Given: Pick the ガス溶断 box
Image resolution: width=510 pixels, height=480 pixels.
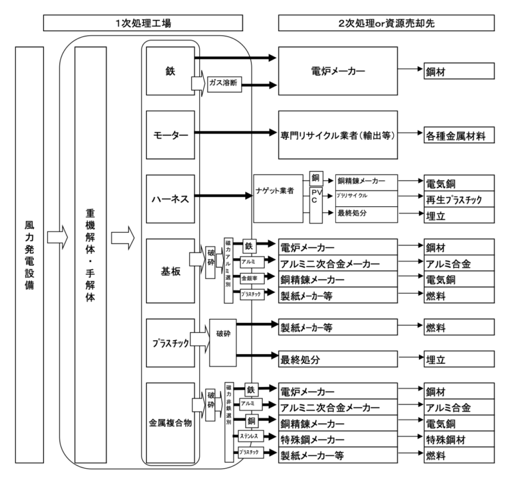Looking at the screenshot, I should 224,84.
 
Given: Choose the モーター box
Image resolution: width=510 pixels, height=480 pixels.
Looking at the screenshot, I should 170,135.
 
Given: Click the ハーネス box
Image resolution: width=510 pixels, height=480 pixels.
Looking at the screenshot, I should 170,198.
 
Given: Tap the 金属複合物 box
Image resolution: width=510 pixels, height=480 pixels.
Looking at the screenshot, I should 170,422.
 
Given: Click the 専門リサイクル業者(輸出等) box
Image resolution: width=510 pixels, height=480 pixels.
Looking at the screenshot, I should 337,135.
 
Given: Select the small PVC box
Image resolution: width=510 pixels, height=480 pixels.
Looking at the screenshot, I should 316,196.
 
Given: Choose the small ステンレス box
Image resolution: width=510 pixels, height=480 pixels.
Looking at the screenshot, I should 250,437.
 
